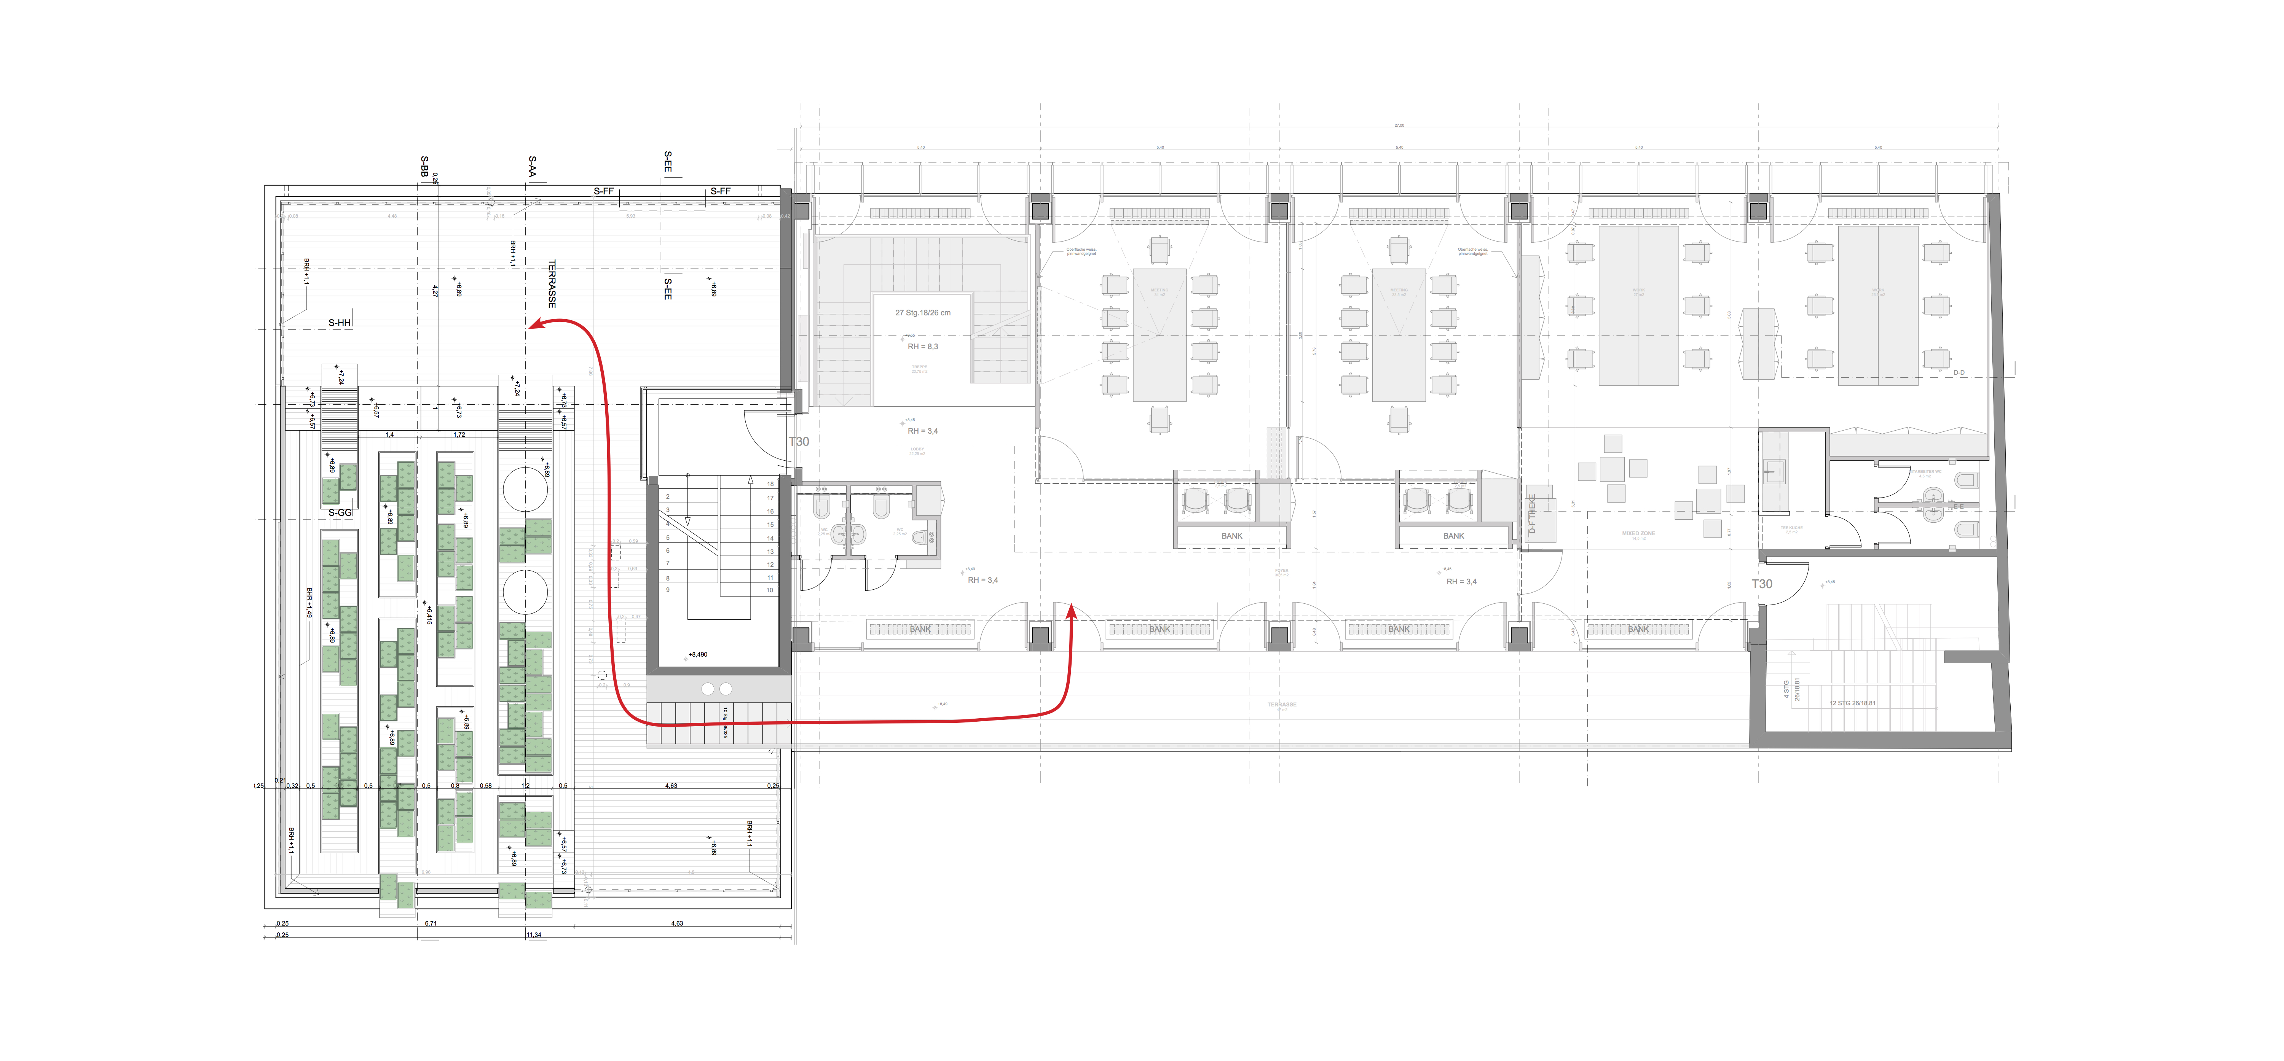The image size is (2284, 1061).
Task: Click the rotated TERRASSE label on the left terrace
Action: (552, 284)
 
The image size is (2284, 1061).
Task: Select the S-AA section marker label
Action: (532, 167)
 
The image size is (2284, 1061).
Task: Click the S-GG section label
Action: (340, 513)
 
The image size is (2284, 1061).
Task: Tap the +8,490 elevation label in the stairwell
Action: (698, 654)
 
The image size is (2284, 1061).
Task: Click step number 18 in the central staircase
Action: (770, 484)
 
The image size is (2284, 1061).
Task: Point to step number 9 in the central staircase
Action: (668, 589)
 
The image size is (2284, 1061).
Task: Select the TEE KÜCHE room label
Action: (1791, 528)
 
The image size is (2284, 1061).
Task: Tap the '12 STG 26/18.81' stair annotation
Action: (1852, 703)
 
